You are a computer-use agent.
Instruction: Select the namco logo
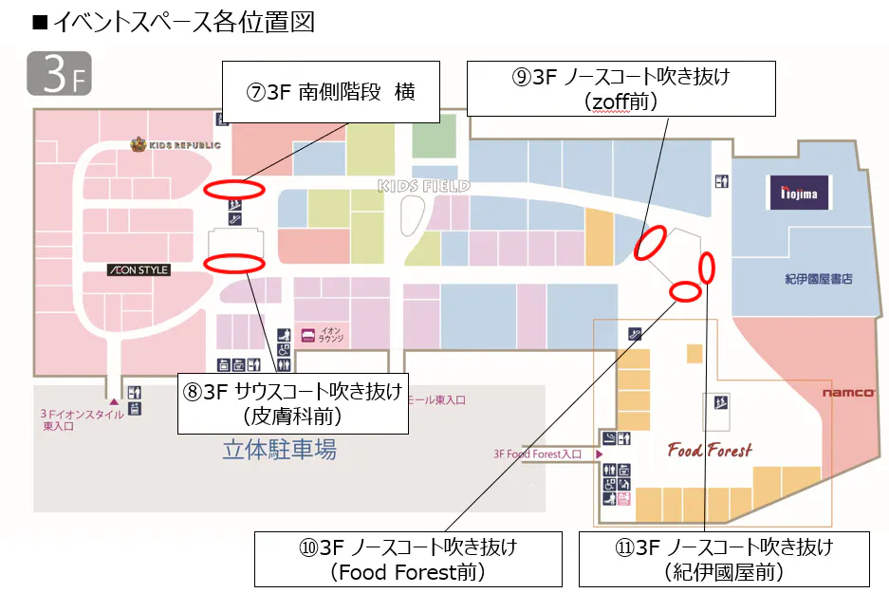[x=848, y=393]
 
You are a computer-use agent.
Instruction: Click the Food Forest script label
[x=710, y=450]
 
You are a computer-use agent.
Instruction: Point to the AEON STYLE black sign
[x=139, y=270]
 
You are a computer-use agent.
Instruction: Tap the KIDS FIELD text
[x=423, y=186]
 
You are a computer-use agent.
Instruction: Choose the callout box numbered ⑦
[x=330, y=92]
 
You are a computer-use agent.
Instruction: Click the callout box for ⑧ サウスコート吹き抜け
[x=293, y=403]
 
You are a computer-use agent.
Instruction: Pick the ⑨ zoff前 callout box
[x=621, y=88]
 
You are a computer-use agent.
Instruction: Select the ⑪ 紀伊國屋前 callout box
[x=724, y=559]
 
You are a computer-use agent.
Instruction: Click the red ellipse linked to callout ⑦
[x=230, y=188]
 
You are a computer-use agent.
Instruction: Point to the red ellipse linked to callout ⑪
[x=706, y=269]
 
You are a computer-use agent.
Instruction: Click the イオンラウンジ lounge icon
[x=308, y=335]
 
